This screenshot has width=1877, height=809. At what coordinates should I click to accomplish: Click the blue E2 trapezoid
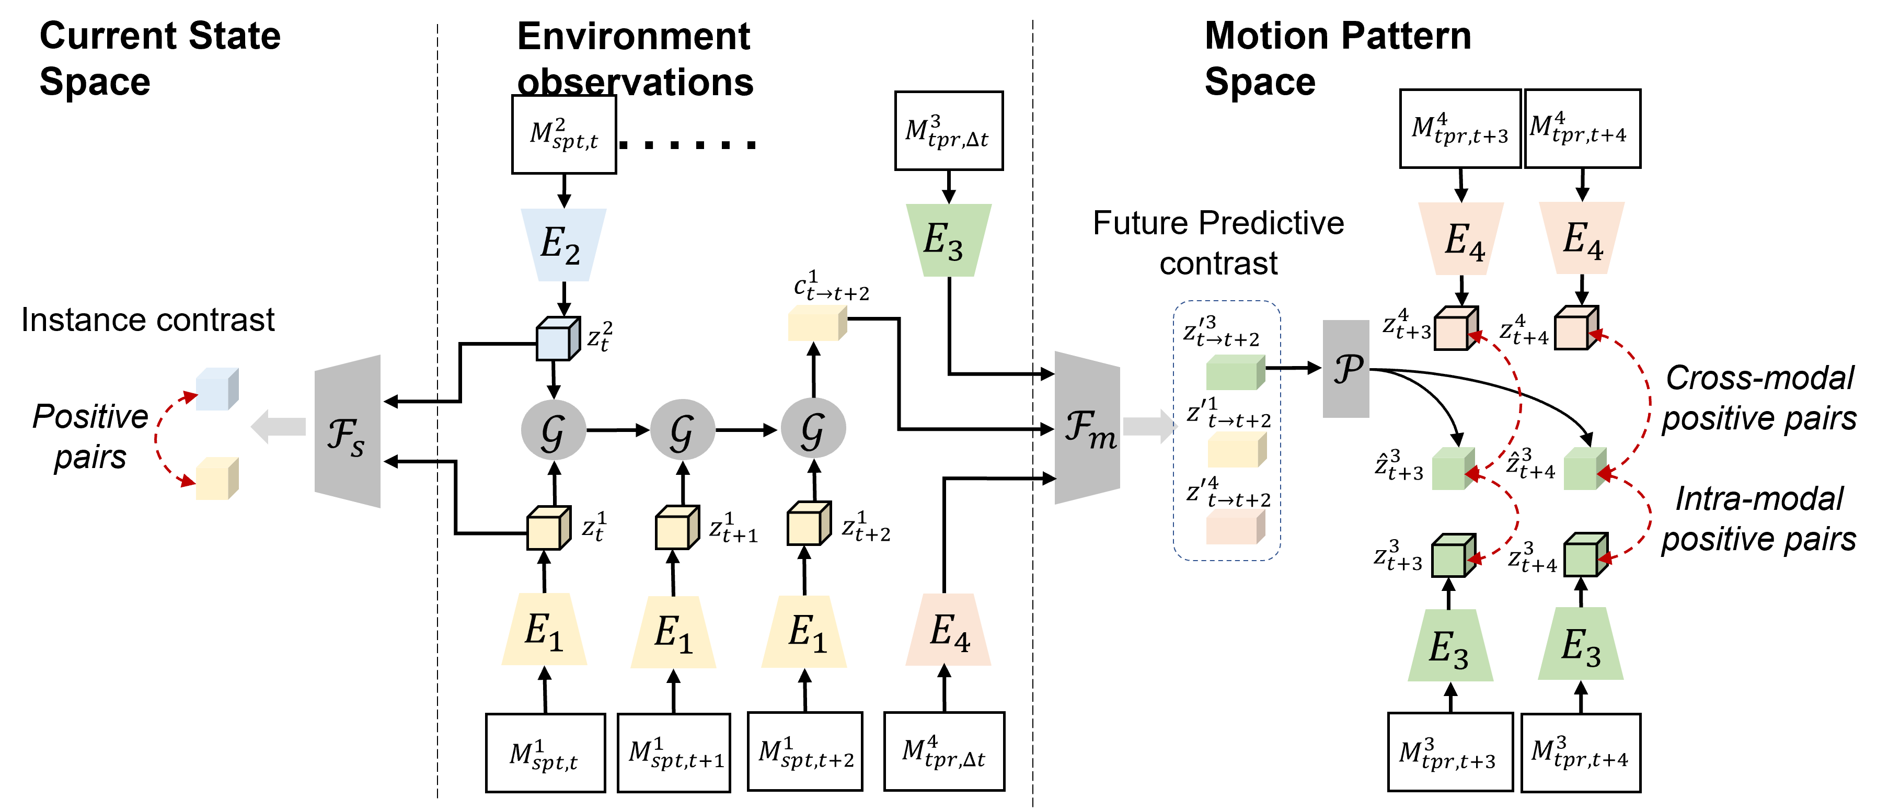[563, 244]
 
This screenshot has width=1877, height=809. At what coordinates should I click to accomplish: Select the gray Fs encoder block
[348, 431]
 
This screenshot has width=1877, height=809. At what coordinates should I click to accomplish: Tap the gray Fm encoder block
[1086, 428]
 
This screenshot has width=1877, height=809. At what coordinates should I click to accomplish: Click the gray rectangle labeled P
[1346, 369]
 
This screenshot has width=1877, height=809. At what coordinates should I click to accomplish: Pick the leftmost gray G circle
[553, 429]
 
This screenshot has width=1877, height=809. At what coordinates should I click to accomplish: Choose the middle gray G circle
[682, 429]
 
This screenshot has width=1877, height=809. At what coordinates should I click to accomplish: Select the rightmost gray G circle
[813, 428]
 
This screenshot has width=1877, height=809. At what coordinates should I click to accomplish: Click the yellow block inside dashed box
[1236, 450]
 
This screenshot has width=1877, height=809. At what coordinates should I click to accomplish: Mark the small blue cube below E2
[557, 339]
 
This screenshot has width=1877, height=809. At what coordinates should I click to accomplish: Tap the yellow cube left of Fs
[216, 479]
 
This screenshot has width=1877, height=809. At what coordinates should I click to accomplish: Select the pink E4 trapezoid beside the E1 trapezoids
[948, 630]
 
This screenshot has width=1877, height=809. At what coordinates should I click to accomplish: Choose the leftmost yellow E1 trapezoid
[544, 630]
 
